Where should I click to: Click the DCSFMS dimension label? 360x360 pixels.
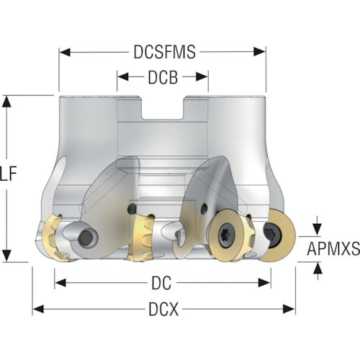coord(165,52)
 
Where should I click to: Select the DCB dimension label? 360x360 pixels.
coord(163,77)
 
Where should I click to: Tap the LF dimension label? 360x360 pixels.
coord(9,174)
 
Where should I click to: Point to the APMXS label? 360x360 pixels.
coord(333,248)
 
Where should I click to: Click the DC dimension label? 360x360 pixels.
coord(161,283)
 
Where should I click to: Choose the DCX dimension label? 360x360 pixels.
coord(163,309)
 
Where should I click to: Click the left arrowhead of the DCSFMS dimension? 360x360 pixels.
coord(65,52)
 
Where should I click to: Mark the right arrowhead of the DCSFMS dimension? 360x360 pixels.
coord(260,52)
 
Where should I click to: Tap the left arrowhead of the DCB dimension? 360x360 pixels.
coord(123,77)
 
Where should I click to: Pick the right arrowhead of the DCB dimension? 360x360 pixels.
coord(202,77)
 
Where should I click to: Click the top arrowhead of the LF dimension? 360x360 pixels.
coord(6,102)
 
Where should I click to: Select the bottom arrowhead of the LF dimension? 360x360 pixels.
coord(6,256)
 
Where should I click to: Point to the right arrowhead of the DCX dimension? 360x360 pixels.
coord(289,309)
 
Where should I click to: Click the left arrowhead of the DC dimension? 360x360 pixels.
coord(60,283)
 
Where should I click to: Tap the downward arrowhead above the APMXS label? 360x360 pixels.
coord(318,230)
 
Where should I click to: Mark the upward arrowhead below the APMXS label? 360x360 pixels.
coord(318,268)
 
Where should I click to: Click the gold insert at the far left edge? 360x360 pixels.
coord(54,237)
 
